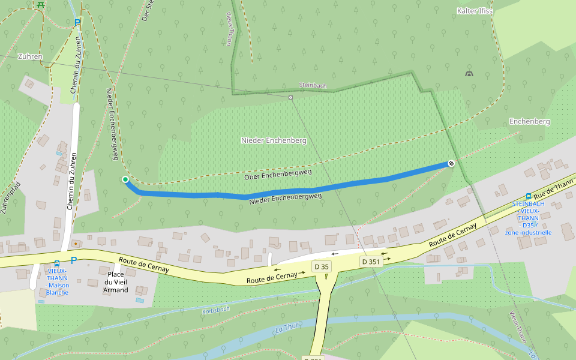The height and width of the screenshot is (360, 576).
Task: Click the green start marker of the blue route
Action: pyautogui.click(x=125, y=179)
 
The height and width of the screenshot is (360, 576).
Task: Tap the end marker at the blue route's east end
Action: pyautogui.click(x=451, y=163)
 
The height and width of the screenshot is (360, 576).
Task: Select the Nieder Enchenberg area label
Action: pyautogui.click(x=274, y=140)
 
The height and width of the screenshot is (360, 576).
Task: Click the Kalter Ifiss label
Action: pyautogui.click(x=475, y=11)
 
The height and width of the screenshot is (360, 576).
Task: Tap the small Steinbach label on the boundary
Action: pyautogui.click(x=313, y=86)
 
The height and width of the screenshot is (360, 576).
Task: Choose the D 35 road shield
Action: pyautogui.click(x=322, y=266)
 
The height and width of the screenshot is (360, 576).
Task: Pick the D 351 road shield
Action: pyautogui.click(x=371, y=262)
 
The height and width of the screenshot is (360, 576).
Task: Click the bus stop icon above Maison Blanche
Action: pyautogui.click(x=57, y=263)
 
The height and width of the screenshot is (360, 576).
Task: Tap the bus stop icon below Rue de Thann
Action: pyautogui.click(x=528, y=196)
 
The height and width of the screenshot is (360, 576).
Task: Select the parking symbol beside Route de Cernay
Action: pyautogui.click(x=74, y=260)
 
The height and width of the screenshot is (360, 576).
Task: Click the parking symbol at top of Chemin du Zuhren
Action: pyautogui.click(x=77, y=23)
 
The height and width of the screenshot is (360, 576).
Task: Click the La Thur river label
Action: pyautogui.click(x=287, y=328)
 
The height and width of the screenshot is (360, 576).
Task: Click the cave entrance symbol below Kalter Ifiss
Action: pyautogui.click(x=469, y=74)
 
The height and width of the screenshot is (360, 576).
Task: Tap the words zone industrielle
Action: pyautogui.click(x=528, y=232)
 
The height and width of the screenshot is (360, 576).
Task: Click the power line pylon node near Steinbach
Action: pyautogui.click(x=290, y=97)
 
